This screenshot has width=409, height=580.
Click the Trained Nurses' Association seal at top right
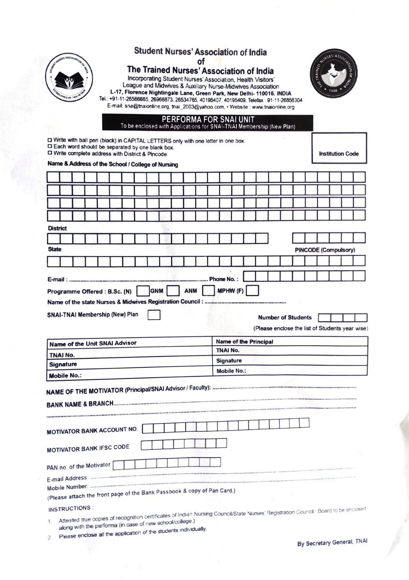[333, 77]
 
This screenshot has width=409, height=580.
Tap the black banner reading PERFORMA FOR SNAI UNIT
[207, 123]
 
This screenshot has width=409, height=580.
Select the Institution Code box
[339, 148]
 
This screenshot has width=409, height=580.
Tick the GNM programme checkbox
[173, 291]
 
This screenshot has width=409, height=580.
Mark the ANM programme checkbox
[208, 291]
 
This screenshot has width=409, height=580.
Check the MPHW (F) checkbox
[253, 291]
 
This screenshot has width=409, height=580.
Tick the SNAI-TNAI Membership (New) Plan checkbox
[154, 315]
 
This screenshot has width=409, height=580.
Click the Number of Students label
[285, 318]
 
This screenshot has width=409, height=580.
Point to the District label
[57, 228]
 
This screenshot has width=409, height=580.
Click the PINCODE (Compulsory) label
[325, 250]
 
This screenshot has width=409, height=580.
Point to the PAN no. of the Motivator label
[78, 465]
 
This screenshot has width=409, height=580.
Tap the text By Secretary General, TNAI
[332, 542]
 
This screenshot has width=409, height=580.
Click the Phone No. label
[224, 279]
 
